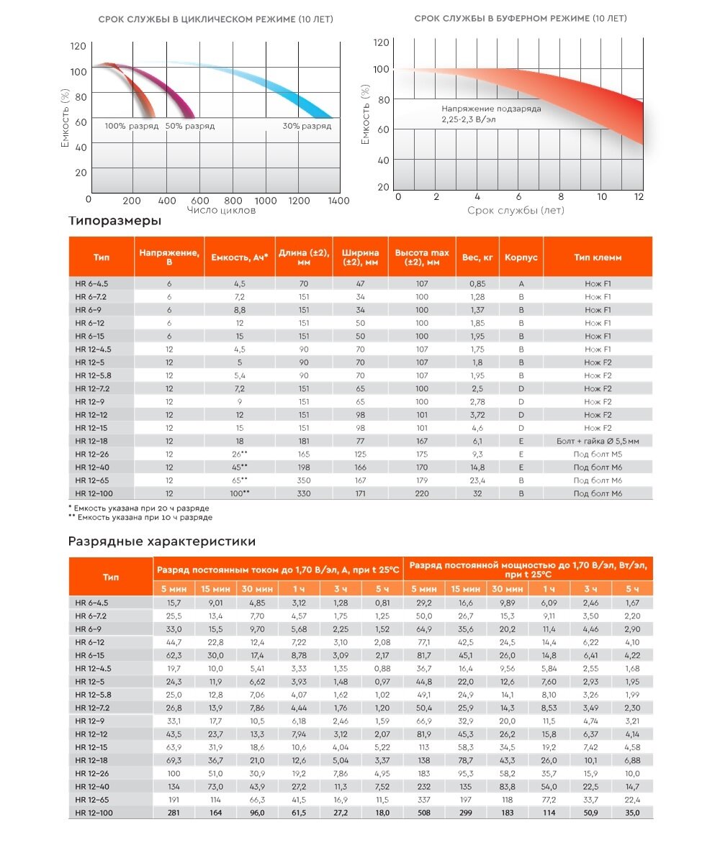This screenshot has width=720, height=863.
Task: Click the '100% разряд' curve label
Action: (x=131, y=126)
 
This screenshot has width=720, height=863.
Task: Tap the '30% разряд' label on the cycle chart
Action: (x=307, y=126)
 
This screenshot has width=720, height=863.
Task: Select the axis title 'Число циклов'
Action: (x=221, y=210)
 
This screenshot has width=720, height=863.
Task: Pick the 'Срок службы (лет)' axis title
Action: (x=516, y=210)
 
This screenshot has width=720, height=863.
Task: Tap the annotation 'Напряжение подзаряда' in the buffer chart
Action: (x=491, y=109)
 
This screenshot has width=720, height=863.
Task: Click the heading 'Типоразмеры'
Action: (x=114, y=222)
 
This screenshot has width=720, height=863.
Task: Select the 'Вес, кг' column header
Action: (x=477, y=257)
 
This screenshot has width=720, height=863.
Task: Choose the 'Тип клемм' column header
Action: (x=598, y=257)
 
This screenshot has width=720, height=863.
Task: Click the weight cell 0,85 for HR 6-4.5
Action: (x=477, y=283)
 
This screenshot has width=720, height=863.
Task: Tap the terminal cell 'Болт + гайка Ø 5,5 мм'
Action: (x=598, y=441)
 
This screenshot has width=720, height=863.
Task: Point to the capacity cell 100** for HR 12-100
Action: (x=240, y=493)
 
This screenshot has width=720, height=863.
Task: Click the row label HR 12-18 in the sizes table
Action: (x=91, y=441)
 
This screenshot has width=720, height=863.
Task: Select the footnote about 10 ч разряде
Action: (x=140, y=517)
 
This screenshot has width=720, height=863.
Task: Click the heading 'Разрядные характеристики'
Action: (x=161, y=542)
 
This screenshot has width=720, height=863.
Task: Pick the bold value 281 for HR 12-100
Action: (x=174, y=813)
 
